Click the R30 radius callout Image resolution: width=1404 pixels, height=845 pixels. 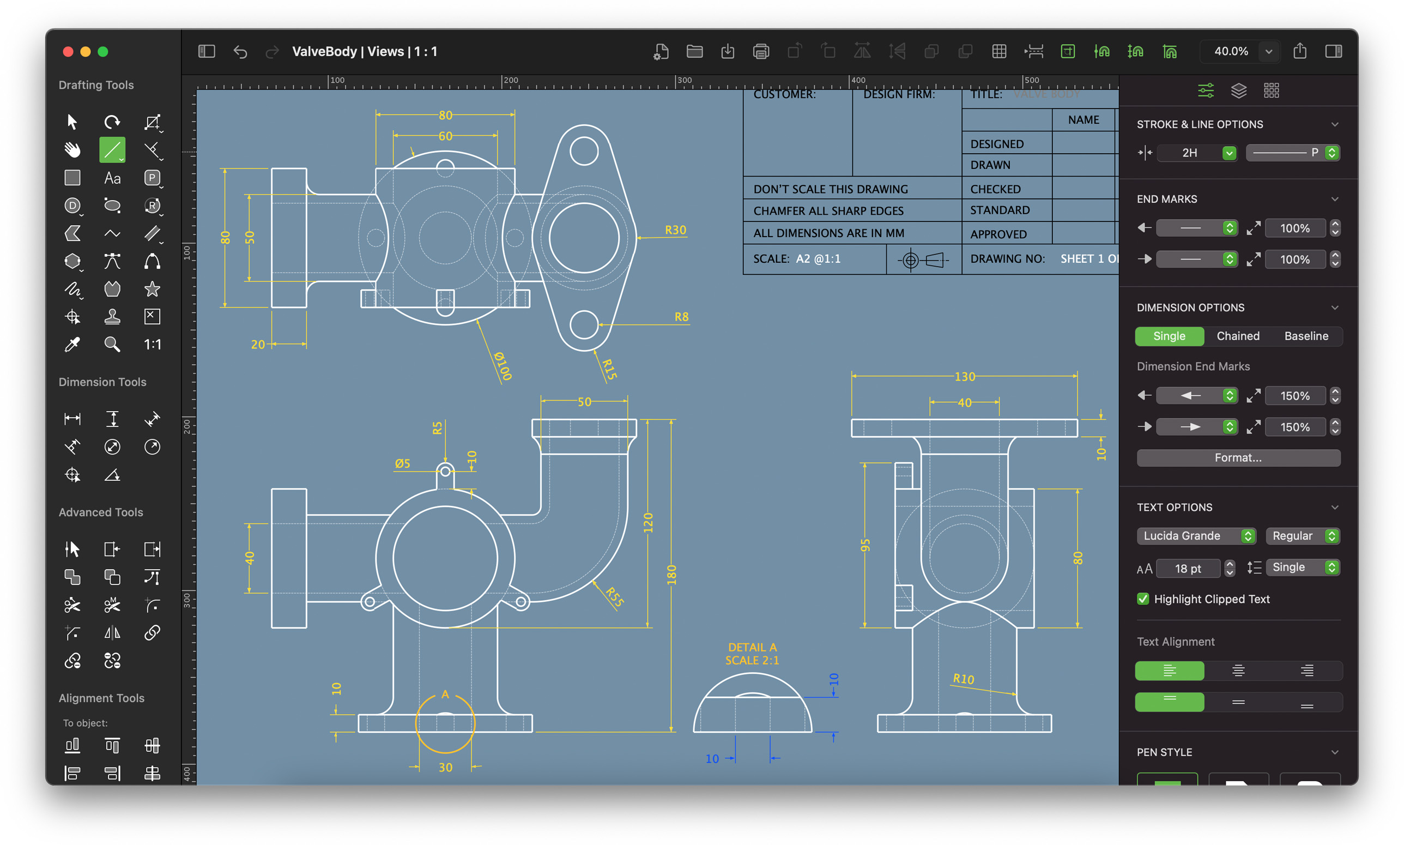click(675, 230)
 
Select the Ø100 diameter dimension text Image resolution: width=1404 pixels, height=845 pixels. click(503, 366)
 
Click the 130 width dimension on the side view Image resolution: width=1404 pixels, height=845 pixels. click(965, 376)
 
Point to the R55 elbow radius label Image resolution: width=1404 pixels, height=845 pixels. click(615, 597)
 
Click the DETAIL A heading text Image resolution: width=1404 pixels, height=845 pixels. click(752, 648)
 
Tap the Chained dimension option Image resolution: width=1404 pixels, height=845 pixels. click(1237, 336)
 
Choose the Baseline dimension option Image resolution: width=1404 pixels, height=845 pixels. click(1305, 336)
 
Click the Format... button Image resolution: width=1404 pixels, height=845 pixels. click(1237, 458)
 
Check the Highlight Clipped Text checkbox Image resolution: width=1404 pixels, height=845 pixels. click(1142, 599)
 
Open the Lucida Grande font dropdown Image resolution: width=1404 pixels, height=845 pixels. click(1195, 536)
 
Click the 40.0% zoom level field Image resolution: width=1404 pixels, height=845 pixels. click(1231, 51)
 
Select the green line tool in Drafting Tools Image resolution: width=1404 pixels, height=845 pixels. click(112, 150)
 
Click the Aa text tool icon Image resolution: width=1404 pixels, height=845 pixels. click(112, 178)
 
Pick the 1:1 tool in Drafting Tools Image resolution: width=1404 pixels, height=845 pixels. click(152, 345)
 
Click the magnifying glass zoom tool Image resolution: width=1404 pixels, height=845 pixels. click(112, 345)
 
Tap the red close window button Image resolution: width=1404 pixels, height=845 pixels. click(68, 52)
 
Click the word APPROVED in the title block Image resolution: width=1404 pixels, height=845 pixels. click(998, 234)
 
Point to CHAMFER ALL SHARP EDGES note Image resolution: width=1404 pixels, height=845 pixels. click(828, 210)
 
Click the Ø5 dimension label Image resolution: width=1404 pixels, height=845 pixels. click(402, 463)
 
